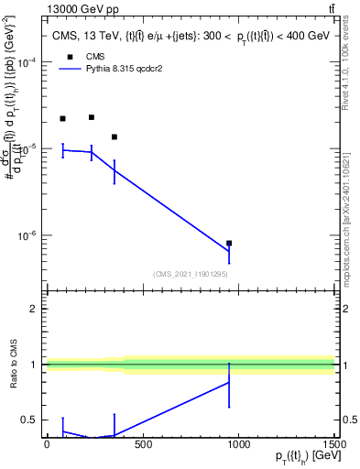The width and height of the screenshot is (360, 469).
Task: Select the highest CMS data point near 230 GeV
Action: click(x=92, y=117)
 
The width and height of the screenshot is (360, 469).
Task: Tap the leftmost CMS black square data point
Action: click(x=62, y=119)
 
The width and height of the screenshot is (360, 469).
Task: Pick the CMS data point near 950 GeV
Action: click(x=229, y=244)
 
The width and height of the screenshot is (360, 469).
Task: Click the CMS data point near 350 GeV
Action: click(x=115, y=136)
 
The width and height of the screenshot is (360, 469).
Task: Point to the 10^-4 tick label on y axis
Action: click(x=27, y=62)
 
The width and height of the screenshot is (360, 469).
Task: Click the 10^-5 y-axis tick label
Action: click(x=27, y=148)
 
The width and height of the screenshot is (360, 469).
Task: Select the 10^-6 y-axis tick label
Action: click(x=27, y=235)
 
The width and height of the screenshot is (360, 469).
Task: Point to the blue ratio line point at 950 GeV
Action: click(x=229, y=383)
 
